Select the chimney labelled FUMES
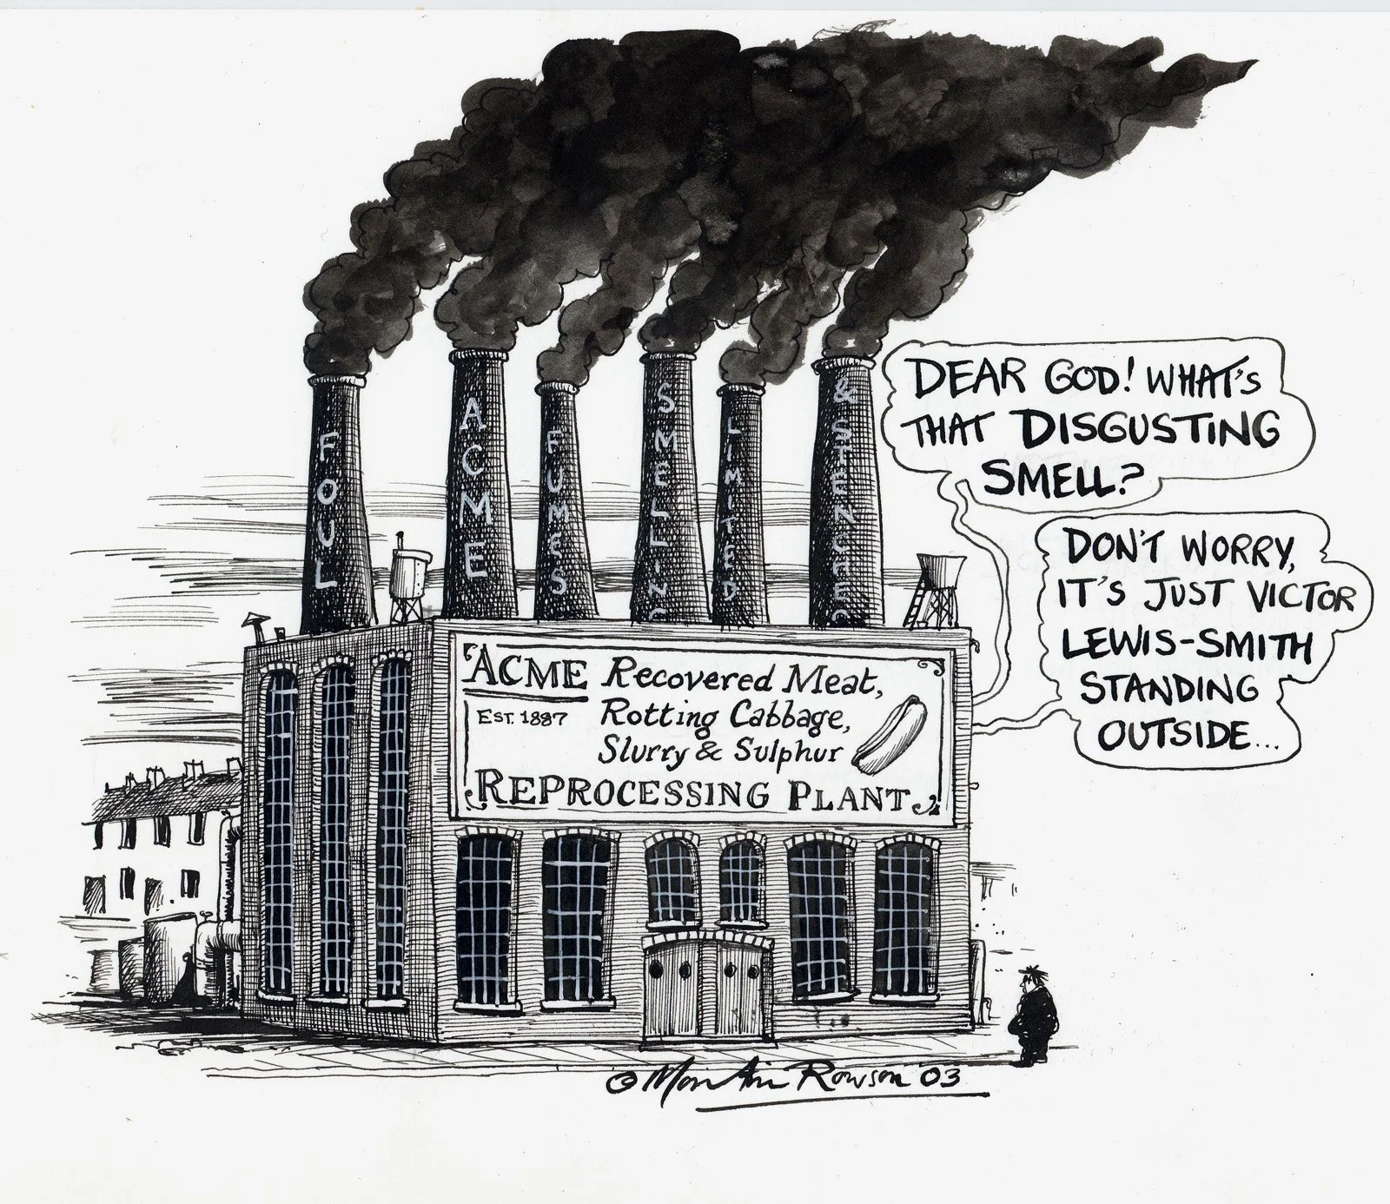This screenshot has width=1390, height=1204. (x=561, y=513)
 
